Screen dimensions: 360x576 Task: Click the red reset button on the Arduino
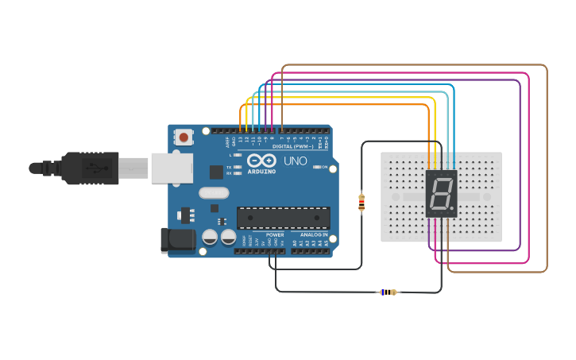coord(184,137)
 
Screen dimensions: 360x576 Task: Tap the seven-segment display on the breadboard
coord(442,193)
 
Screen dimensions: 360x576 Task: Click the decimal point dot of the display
coord(454,211)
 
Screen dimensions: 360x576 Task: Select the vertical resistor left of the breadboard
coord(362,203)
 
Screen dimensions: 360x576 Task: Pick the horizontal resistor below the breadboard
coord(387,292)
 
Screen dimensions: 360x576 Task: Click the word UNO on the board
coord(296,161)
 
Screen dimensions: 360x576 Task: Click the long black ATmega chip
coord(284,218)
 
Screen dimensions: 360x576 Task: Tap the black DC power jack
coord(176,242)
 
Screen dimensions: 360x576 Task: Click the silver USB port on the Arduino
coord(172,168)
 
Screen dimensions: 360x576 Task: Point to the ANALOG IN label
coord(314,235)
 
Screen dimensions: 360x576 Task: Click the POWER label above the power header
coord(275,235)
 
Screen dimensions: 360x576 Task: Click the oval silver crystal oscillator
coord(214,192)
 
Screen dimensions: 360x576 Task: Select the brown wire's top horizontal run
coord(413,65)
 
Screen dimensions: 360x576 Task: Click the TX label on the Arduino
coord(230,167)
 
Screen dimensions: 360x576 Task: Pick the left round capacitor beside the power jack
coord(210,237)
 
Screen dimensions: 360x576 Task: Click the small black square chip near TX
coord(216,172)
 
